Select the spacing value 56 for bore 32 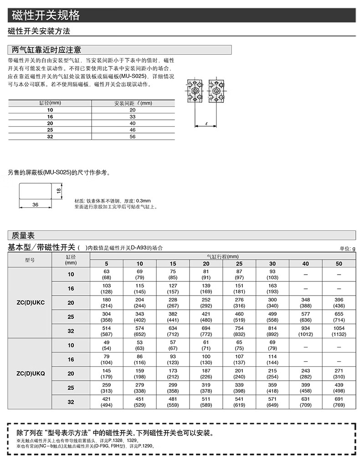[x=133, y=136]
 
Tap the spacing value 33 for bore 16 [x=133, y=117]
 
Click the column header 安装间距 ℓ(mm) [x=133, y=103]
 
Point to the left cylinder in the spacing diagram [x=195, y=91]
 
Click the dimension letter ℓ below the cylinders [x=206, y=123]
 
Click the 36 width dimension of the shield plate [x=36, y=205]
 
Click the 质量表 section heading [x=23, y=235]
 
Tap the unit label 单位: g [x=346, y=248]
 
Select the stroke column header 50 [x=339, y=264]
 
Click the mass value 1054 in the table [x=339, y=328]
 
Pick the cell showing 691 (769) [x=339, y=402]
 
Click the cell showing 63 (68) [x=107, y=274]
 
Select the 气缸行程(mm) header [x=222, y=256]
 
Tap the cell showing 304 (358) [x=107, y=317]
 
